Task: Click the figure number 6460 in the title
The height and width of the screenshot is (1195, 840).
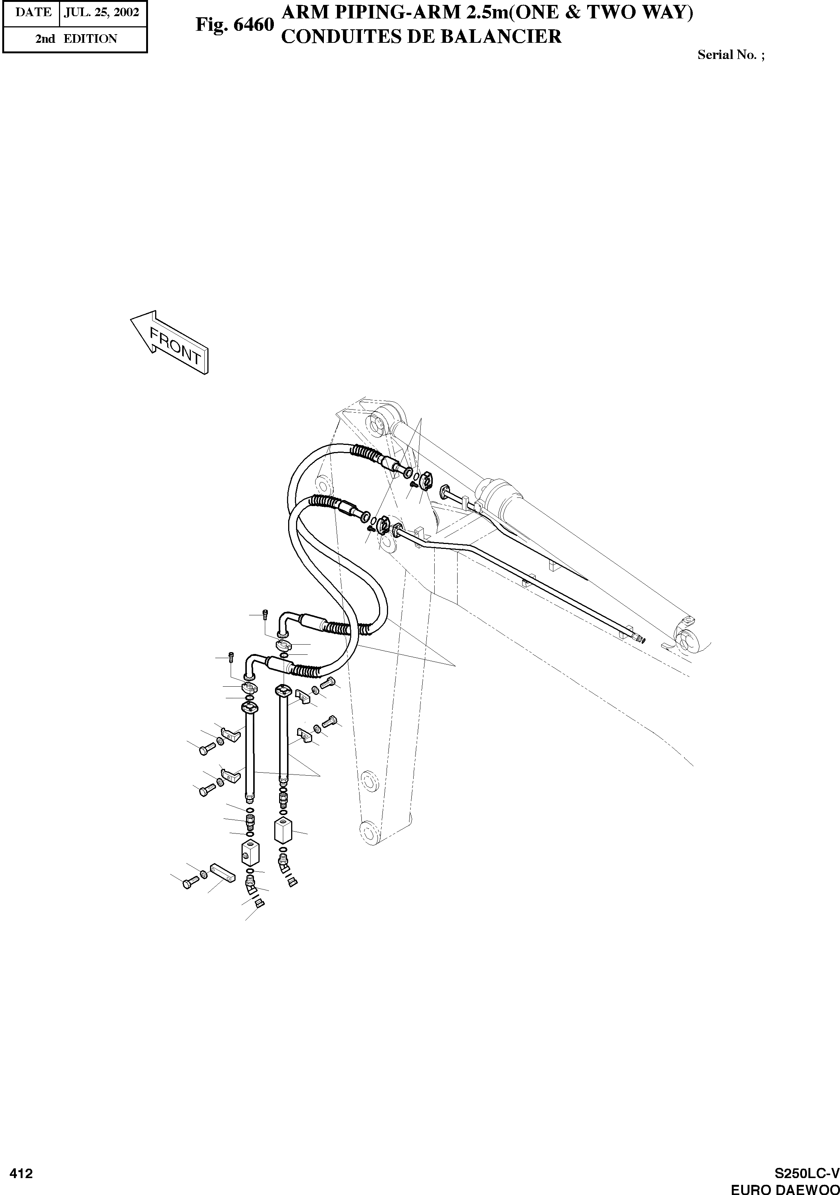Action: [x=234, y=24]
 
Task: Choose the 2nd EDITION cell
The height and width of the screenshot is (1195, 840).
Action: [x=76, y=39]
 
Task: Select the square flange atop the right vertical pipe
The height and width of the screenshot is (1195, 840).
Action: [x=283, y=691]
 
